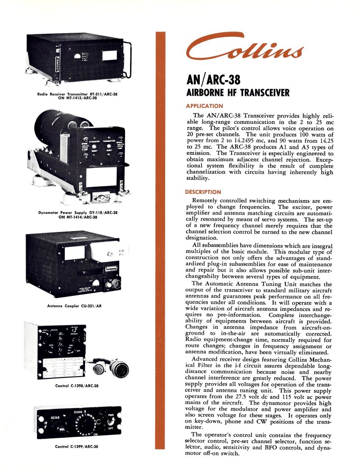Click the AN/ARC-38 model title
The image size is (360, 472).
(213, 81)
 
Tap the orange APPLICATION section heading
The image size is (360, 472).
(204, 106)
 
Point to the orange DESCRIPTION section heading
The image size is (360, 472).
(203, 192)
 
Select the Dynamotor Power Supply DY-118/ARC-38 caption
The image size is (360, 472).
(77, 214)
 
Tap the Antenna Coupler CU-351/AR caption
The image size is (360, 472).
(74, 306)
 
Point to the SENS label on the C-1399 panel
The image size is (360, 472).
(55, 418)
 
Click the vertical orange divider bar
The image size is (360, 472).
(160, 243)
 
